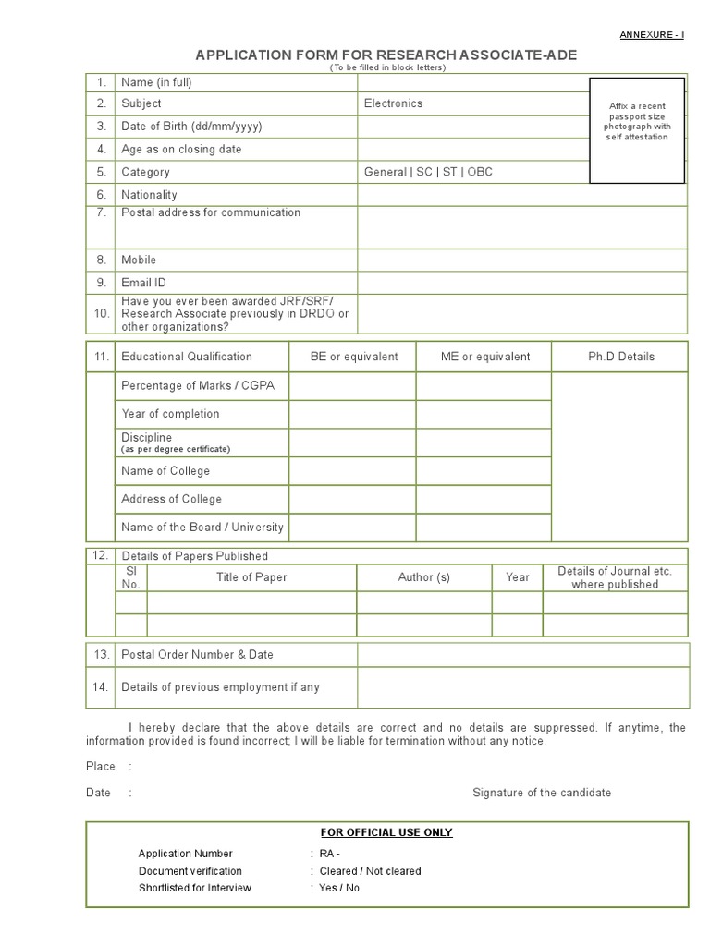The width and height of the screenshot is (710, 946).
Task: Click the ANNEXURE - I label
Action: (x=652, y=35)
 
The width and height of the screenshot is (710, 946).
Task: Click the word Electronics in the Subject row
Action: (x=393, y=103)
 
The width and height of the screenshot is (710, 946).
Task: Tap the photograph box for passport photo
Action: (x=637, y=130)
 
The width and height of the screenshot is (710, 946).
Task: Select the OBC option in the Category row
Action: (x=480, y=172)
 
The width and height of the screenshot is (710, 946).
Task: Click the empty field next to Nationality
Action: (x=522, y=195)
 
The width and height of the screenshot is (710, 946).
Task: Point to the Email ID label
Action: (x=143, y=283)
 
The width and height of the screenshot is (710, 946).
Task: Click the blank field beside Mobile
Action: (x=522, y=261)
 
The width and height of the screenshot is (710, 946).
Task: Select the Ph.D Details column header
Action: (x=620, y=357)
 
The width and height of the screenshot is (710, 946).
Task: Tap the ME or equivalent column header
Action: (x=485, y=357)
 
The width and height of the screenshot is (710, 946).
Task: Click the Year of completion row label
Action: (x=170, y=414)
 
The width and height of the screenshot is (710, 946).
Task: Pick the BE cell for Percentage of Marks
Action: (x=352, y=386)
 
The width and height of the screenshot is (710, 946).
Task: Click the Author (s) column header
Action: (x=423, y=577)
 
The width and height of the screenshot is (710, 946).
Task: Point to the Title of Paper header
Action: (x=251, y=577)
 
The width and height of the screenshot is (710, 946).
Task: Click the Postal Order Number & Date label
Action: (x=197, y=655)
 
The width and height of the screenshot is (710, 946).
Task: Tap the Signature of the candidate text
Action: (x=542, y=793)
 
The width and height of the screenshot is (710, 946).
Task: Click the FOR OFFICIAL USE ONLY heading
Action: (x=386, y=832)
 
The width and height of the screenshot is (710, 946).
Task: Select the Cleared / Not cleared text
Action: (x=370, y=871)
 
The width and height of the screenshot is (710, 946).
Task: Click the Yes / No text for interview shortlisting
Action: (x=339, y=888)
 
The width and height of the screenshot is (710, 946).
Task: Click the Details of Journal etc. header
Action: (x=615, y=577)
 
